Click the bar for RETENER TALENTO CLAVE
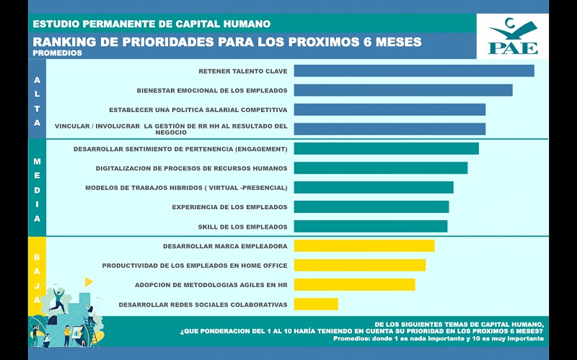[414, 71]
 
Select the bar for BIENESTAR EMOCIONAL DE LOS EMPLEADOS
[403, 90]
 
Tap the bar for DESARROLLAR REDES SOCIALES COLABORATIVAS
[316, 304]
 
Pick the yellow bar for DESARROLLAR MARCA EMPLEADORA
[364, 246]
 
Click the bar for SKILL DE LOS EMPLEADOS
[371, 227]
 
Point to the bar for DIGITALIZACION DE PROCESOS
[381, 168]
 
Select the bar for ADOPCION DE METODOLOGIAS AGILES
[354, 285]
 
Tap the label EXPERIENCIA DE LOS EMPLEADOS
[229, 207]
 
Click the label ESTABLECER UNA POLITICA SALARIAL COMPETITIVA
[198, 110]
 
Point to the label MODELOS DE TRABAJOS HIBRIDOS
[186, 188]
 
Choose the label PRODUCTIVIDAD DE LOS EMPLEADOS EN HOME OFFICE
[195, 265]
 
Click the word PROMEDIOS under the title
[58, 53]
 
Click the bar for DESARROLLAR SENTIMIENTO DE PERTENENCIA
[386, 149]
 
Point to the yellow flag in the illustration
[89, 281]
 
